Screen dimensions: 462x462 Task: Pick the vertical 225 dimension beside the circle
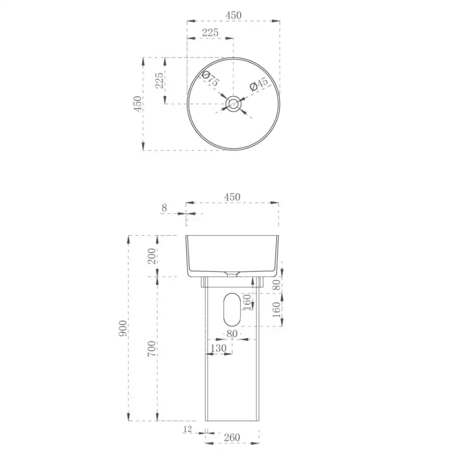tap(159, 81)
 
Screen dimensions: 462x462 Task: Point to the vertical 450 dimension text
tap(138, 103)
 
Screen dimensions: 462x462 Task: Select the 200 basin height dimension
tap(152, 256)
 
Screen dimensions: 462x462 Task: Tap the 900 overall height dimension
tap(123, 328)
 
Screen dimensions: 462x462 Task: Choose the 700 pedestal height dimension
tap(152, 348)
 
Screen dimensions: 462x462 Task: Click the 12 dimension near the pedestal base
tap(187, 429)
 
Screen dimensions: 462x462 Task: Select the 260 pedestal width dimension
tap(232, 437)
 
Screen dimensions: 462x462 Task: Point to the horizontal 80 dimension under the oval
tap(232, 333)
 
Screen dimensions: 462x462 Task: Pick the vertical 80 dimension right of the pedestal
tap(276, 284)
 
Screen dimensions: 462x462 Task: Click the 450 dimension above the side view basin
tap(232, 197)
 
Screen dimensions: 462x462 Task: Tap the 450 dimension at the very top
tap(233, 15)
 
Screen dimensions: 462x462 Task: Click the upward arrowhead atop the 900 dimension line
tap(129, 239)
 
